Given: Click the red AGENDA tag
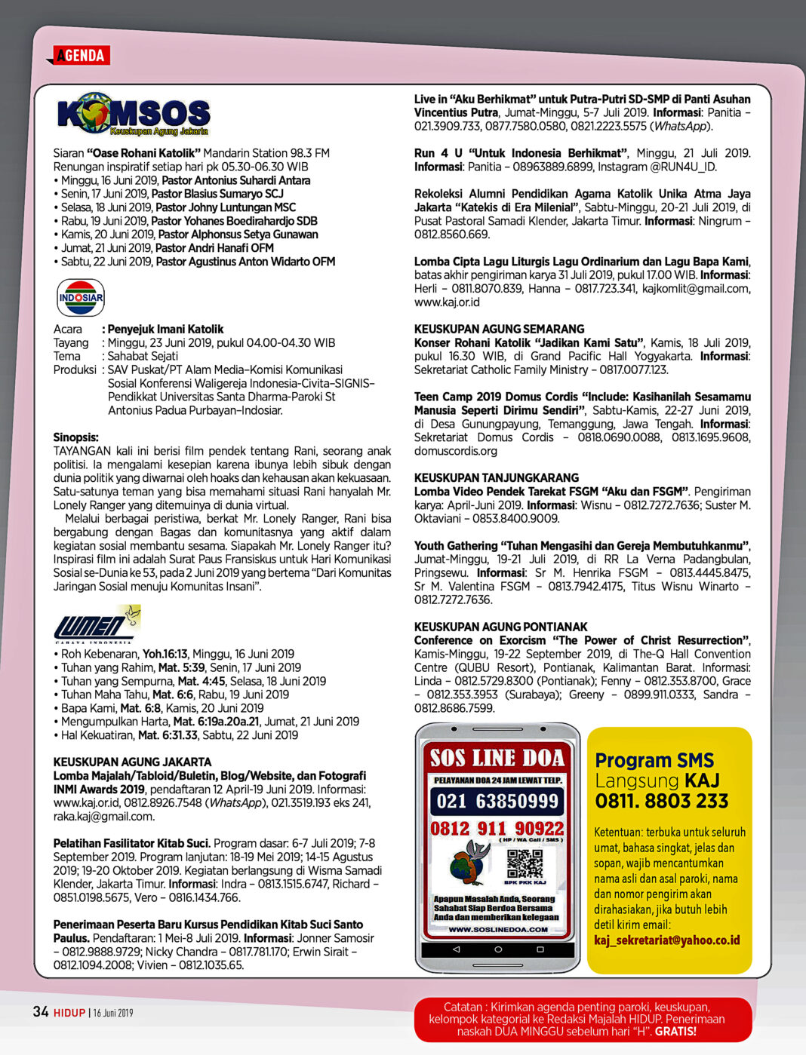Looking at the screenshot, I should coord(80,55).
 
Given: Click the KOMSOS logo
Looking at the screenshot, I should coord(133,115).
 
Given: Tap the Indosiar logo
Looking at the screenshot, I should coord(81,297).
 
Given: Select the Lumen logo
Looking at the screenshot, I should coord(96,624).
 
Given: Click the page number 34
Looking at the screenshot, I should coord(41,1011).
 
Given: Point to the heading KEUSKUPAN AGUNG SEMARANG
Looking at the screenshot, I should coord(499,329).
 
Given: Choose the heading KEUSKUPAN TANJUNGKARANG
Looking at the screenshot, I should coord(496,477).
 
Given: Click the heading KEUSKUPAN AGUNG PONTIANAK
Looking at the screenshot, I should coord(500,627).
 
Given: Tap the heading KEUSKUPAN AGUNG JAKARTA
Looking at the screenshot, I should coord(132,762).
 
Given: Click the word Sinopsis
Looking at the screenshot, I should coord(75,437).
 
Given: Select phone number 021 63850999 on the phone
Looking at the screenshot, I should coord(497,801).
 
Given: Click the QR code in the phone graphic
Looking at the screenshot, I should coord(525,863).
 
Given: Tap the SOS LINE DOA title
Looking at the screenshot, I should coord(497,757).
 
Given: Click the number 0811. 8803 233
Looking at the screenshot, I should coord(662,801).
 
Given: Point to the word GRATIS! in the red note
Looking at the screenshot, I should coord(675,1031).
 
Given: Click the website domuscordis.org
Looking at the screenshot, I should coord(455,451).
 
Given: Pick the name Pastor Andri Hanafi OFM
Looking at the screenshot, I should coord(214,247).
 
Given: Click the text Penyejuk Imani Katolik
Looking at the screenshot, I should coord(165,329).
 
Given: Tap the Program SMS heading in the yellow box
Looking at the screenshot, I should coord(654,760).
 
